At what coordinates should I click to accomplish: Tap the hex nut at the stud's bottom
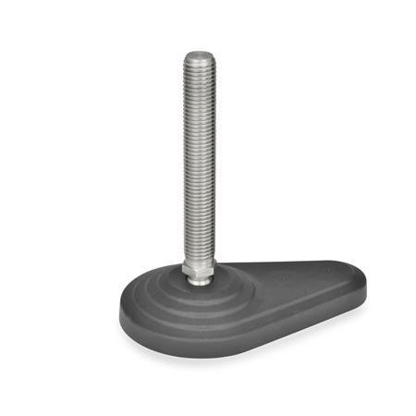(x=199, y=269)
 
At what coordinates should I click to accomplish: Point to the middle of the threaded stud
(x=199, y=157)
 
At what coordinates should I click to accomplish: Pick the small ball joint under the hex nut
(x=200, y=280)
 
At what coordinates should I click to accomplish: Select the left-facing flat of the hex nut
(x=189, y=269)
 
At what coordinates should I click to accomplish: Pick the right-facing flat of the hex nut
(x=210, y=269)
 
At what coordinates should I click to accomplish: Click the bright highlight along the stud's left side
(x=189, y=157)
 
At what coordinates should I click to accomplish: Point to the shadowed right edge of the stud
(x=213, y=157)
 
